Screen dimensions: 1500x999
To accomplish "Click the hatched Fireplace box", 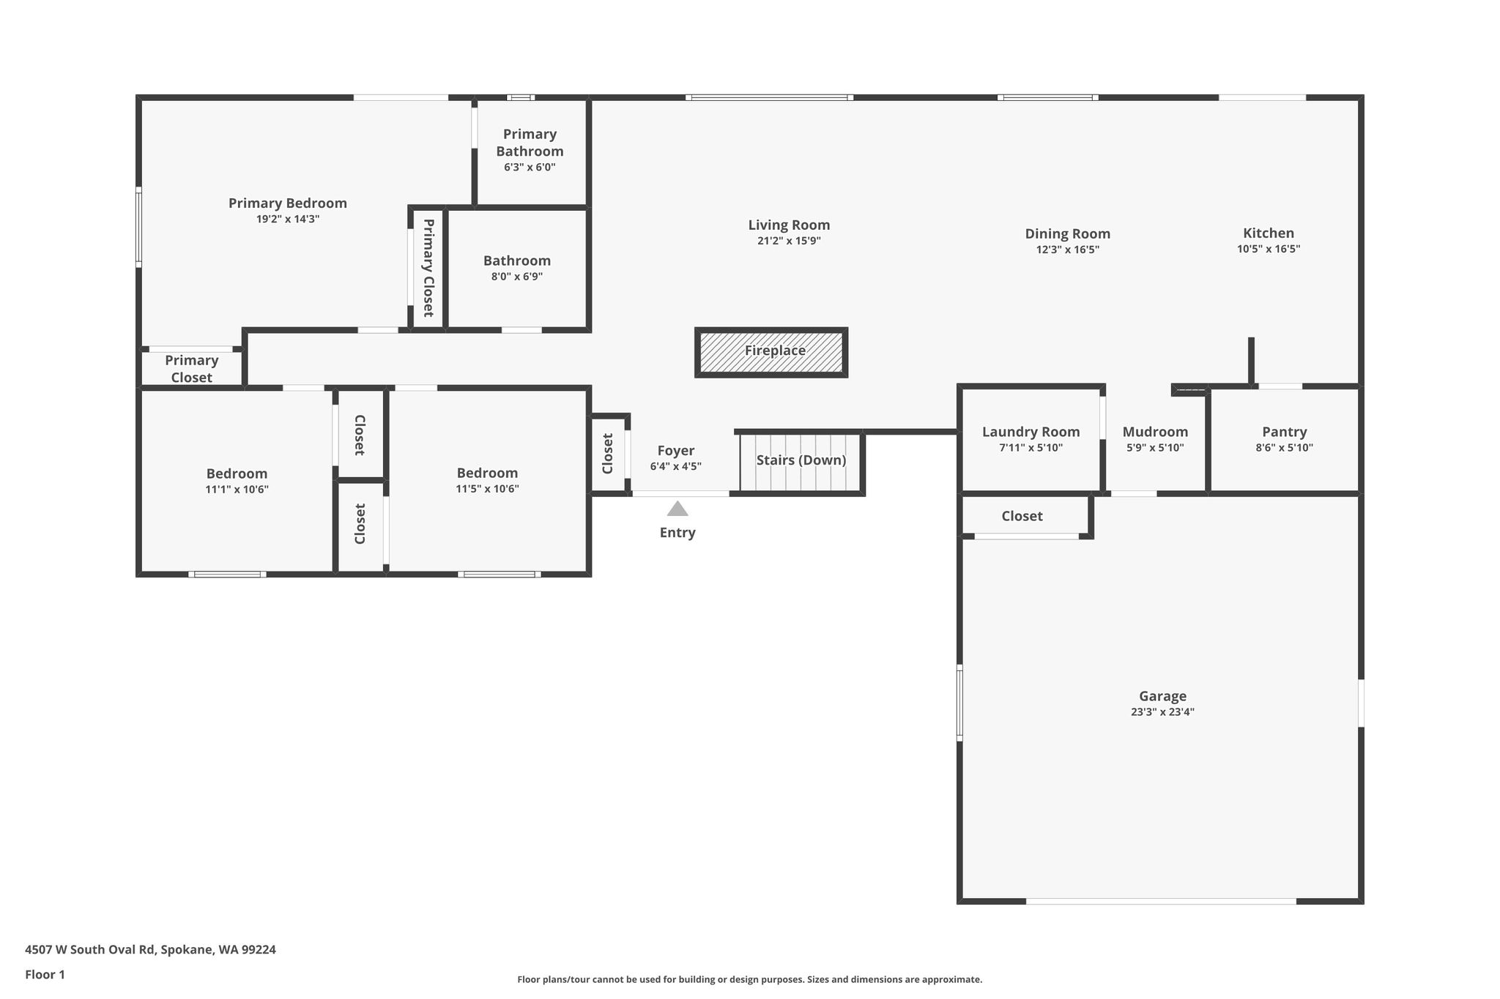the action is point(771,352).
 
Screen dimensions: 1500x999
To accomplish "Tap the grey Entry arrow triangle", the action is point(677,509).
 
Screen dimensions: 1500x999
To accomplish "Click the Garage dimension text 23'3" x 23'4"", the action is point(1162,712).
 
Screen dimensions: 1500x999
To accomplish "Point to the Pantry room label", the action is point(1284,432).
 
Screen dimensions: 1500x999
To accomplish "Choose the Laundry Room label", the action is point(1031,432).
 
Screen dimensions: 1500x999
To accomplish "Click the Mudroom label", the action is point(1155,432).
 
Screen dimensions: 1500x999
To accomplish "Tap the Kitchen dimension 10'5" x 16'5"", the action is point(1269,249).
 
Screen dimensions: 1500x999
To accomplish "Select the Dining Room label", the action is point(1067,234).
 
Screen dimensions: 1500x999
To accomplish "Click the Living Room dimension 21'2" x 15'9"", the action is point(789,241).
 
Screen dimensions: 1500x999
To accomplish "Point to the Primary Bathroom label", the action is point(530,143).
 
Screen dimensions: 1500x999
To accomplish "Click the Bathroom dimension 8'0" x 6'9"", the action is point(517,277).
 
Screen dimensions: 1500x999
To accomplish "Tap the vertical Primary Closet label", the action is point(428,268).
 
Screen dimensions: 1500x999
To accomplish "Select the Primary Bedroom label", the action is point(288,203).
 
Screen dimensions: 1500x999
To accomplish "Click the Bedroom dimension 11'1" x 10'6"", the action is point(237,490).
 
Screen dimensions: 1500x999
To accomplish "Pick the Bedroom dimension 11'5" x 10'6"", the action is point(487,489).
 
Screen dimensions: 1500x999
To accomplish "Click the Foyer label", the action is point(675,451).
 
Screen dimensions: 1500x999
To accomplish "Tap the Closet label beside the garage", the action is point(1022,516).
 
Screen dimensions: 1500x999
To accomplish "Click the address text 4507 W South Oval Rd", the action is point(90,950).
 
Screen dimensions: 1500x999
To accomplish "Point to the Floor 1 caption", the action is point(45,975).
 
